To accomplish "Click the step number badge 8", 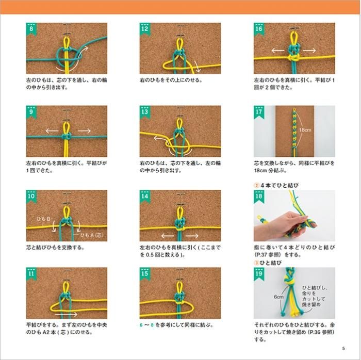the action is pyautogui.click(x=31, y=29).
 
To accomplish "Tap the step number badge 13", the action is pyautogui.click(x=145, y=112).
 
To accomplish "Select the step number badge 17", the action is pyautogui.click(x=259, y=112).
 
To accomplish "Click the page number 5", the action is pyautogui.click(x=343, y=348).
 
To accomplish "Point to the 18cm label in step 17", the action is pyautogui.click(x=305, y=130).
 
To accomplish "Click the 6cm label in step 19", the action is pyautogui.click(x=278, y=297).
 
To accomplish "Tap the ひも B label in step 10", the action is pyautogui.click(x=44, y=219).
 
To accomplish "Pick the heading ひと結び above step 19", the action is pyautogui.click(x=271, y=263).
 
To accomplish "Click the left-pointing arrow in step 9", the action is pyautogui.click(x=52, y=130).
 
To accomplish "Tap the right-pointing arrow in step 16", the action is pyautogui.click(x=309, y=51).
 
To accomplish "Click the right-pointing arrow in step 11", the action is pyautogui.click(x=67, y=314).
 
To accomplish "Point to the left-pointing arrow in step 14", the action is pyautogui.click(x=168, y=236).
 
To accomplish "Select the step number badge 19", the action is pyautogui.click(x=259, y=274).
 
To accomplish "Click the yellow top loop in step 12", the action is pyautogui.click(x=180, y=43).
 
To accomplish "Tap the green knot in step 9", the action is pyautogui.click(x=67, y=137).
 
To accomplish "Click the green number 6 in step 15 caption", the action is pyautogui.click(x=141, y=325).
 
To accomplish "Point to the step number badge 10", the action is pyautogui.click(x=31, y=197).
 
